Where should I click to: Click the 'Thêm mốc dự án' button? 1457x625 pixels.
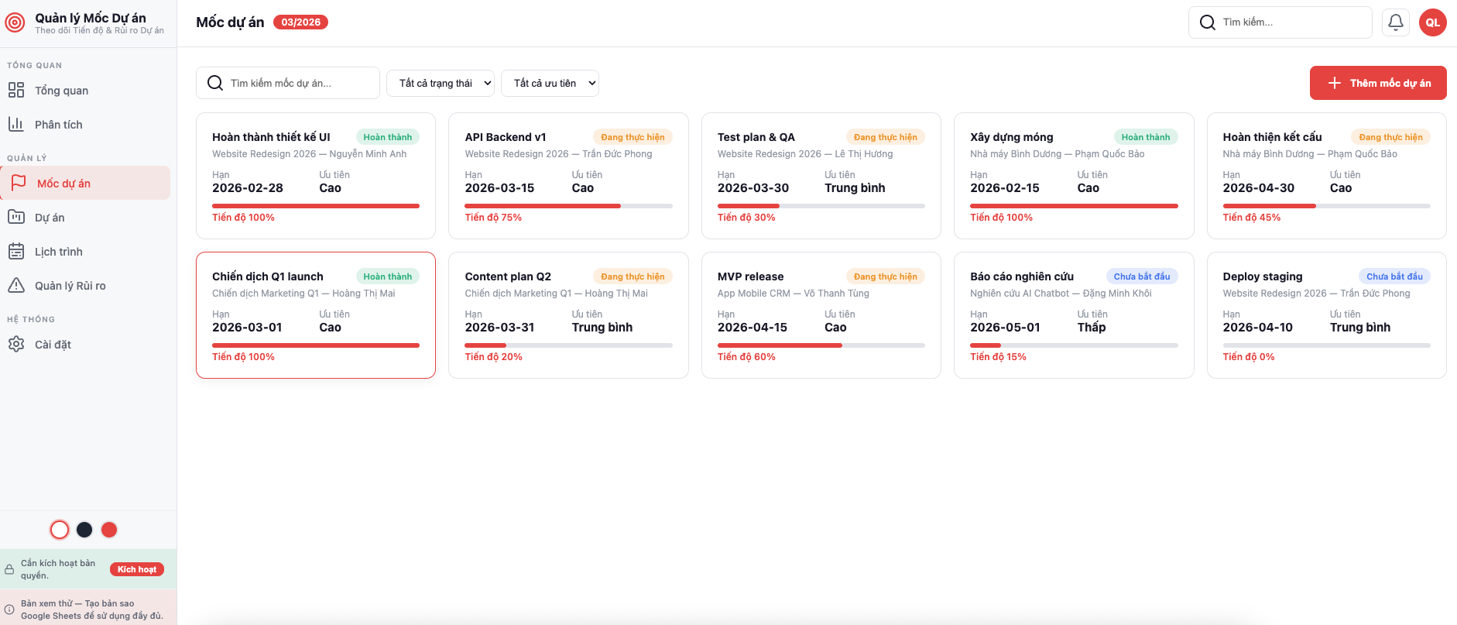point(1377,83)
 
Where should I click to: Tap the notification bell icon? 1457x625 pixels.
point(1395,22)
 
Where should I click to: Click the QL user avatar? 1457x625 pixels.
point(1432,22)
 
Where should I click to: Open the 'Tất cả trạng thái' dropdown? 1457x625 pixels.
point(441,83)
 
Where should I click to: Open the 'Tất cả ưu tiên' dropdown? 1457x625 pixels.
point(550,83)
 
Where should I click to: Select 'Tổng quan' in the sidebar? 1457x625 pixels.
point(61,91)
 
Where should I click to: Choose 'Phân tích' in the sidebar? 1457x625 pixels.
point(58,125)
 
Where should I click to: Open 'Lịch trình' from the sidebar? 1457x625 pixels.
point(58,252)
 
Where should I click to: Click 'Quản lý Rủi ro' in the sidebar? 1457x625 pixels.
point(70,286)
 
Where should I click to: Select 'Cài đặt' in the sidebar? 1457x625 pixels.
point(53,345)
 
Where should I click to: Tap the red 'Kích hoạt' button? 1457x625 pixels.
point(136,569)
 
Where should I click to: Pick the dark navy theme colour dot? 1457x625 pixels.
point(84,530)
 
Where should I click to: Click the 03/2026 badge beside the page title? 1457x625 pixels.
point(300,22)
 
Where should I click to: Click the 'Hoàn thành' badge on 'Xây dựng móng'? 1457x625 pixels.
point(1145,137)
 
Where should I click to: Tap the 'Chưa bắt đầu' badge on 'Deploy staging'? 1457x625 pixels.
point(1394,276)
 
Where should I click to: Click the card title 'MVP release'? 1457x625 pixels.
point(750,276)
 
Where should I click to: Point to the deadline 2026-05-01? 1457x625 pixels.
point(1005,328)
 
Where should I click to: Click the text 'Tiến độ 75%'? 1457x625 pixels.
point(493,218)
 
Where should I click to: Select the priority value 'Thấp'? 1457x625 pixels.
point(1091,328)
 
